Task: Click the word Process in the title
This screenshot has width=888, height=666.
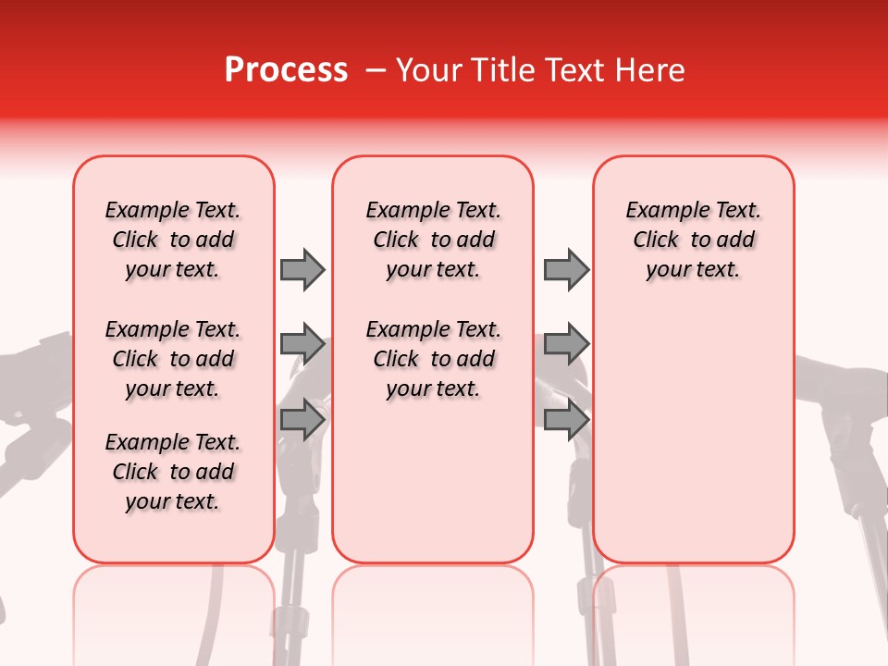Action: coord(286,70)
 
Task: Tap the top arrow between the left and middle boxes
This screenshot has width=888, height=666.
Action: coord(302,269)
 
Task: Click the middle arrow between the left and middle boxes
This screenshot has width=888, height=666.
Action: coord(302,344)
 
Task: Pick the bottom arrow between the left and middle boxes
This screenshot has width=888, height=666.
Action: coord(302,420)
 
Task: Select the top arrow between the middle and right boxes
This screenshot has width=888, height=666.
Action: coord(566,269)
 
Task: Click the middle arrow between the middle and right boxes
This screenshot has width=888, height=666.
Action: coord(566,344)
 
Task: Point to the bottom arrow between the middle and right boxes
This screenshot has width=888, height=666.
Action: coord(566,420)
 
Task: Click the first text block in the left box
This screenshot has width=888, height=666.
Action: coord(173,240)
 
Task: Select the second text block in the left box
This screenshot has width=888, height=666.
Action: coord(173,359)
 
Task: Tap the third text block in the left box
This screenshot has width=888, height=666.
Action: coord(173,472)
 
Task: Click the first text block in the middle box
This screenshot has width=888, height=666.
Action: coord(433,240)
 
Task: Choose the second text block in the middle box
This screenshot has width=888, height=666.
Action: coord(433,359)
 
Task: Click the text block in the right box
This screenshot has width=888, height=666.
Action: coord(693,240)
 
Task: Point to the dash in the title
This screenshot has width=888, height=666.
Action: coord(376,70)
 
